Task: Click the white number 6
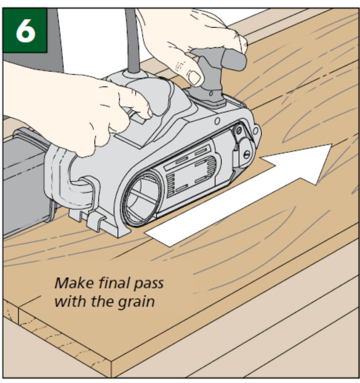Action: tap(25, 30)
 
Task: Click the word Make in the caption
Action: tap(74, 283)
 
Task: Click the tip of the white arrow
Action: tap(330, 146)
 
